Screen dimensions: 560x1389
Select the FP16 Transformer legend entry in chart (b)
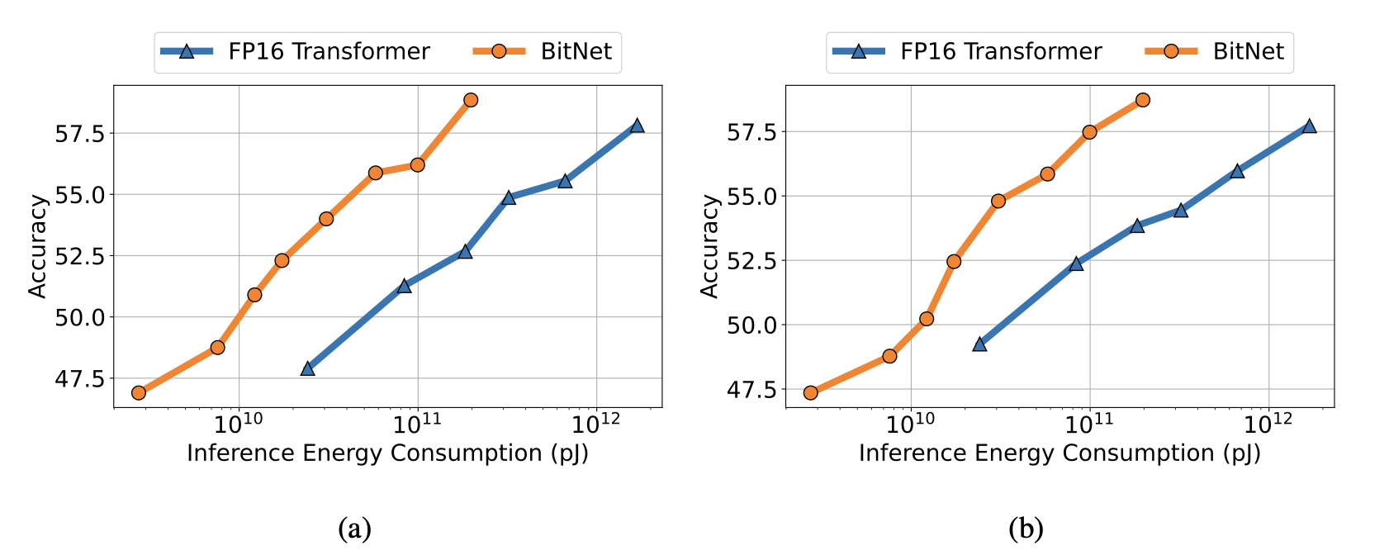[965, 51]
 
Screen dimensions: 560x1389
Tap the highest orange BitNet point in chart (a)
[471, 100]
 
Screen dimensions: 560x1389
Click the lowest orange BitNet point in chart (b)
[810, 392]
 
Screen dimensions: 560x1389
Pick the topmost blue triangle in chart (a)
[637, 126]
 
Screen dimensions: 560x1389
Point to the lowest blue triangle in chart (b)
[979, 344]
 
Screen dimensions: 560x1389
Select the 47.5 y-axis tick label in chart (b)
[751, 389]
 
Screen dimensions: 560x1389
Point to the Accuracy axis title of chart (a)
[38, 245]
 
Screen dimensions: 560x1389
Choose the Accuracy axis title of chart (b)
[710, 245]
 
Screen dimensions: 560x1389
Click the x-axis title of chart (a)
[387, 453]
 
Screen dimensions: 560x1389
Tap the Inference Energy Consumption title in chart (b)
[1060, 453]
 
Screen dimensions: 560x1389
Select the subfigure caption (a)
[354, 528]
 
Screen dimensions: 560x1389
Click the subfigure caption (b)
[1026, 528]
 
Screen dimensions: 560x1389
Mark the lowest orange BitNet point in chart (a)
[138, 392]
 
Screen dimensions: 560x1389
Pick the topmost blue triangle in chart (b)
[1309, 126]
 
